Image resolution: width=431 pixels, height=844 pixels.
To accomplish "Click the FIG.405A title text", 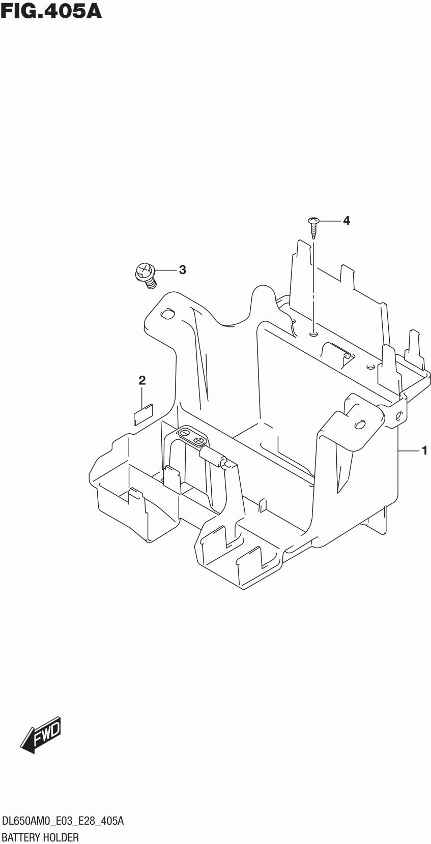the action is [51, 11].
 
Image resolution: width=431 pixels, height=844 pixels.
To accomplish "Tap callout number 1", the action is [424, 450].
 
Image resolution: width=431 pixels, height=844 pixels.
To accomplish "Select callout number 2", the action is [142, 380].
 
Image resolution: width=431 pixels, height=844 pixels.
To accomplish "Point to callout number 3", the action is [182, 270].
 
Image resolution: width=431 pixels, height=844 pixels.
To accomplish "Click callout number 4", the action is [346, 221].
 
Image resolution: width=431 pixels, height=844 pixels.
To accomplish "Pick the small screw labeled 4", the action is [313, 227].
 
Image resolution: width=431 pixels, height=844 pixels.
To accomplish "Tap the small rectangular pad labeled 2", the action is [143, 414].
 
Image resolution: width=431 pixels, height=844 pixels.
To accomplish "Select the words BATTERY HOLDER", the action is [41, 837].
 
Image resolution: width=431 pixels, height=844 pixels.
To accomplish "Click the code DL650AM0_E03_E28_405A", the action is [64, 821].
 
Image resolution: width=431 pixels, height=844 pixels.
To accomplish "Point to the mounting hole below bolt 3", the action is [166, 315].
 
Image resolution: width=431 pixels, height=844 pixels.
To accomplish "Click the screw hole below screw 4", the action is [313, 334].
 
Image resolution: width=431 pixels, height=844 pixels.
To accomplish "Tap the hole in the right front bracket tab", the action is [359, 424].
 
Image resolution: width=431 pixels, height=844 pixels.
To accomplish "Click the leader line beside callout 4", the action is [329, 221].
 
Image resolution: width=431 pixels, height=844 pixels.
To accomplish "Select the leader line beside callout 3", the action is [165, 270].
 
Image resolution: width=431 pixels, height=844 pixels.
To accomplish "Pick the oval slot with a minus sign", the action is [185, 433].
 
